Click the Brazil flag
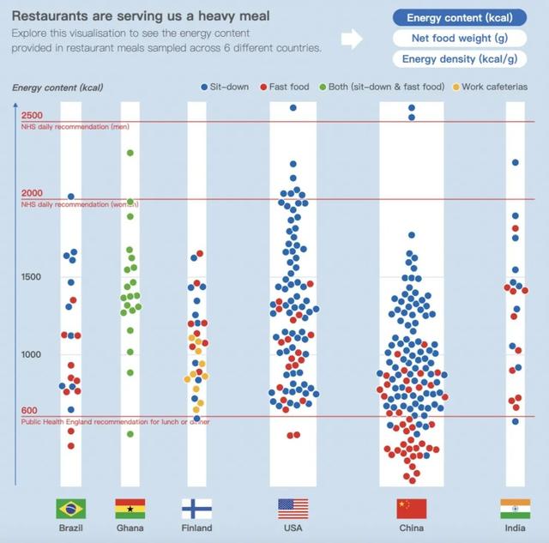[71, 509]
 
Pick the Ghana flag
[130, 509]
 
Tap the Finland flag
[196, 509]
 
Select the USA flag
[293, 509]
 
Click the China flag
[411, 509]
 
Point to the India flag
[515, 509]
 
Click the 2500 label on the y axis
[33, 116]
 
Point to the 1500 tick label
[33, 277]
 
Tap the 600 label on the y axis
[29, 412]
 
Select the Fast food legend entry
[287, 87]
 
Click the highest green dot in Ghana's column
[130, 153]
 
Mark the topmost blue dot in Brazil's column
[71, 196]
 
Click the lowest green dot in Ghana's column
[130, 434]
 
